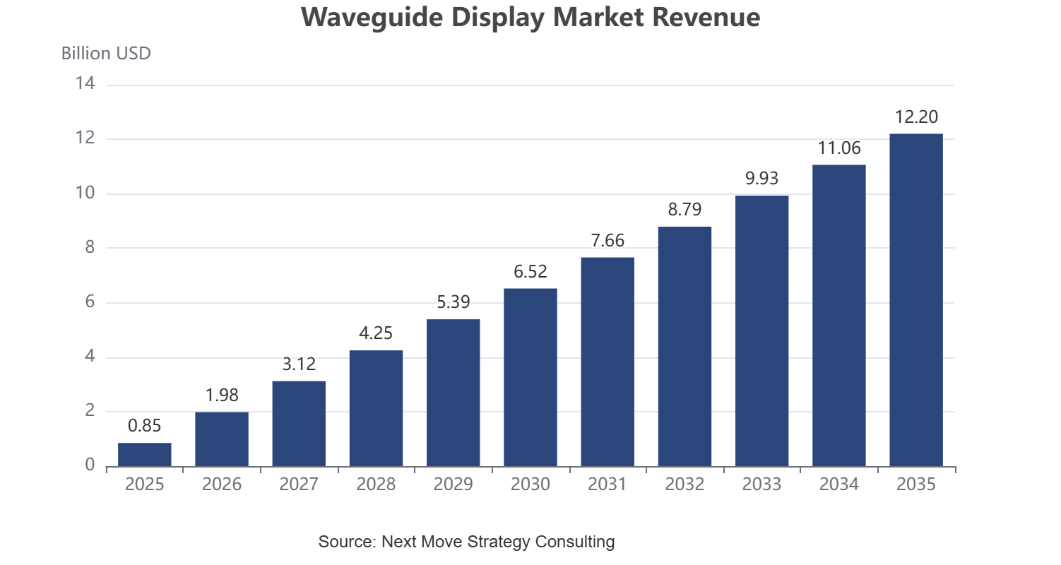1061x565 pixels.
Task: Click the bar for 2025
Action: (x=145, y=455)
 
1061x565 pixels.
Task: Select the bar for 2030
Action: (x=530, y=377)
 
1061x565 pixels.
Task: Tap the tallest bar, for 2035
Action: (x=916, y=300)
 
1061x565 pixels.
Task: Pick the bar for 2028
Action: (x=376, y=409)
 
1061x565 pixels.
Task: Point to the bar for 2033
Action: (x=761, y=331)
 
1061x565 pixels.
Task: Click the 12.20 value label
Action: (x=916, y=117)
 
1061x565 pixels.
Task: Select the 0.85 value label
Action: (x=145, y=426)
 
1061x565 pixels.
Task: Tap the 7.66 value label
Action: (x=607, y=241)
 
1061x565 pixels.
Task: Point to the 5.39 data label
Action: (x=454, y=302)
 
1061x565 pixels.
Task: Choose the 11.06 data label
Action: (x=839, y=148)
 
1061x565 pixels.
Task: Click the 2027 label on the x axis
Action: (x=299, y=484)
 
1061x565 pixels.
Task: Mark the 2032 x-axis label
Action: (x=684, y=484)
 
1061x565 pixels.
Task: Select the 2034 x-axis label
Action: (x=839, y=484)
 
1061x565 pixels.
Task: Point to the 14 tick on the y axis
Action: (x=85, y=83)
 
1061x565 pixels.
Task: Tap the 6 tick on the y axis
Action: (x=90, y=302)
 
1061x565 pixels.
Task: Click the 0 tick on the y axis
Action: (x=90, y=465)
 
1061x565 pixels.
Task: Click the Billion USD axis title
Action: (x=106, y=54)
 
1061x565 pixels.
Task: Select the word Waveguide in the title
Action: (x=372, y=18)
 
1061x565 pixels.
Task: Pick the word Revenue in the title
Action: (x=706, y=18)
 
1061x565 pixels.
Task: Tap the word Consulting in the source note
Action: (x=574, y=541)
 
